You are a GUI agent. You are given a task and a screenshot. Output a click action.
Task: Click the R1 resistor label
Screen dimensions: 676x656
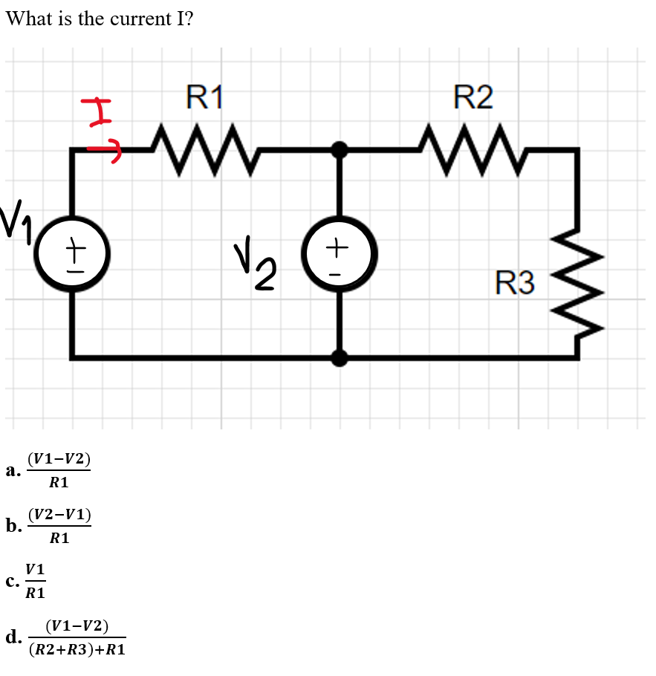click(204, 97)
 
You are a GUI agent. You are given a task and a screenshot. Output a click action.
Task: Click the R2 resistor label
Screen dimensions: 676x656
click(472, 97)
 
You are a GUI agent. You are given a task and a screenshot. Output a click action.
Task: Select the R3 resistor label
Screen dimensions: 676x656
click(515, 283)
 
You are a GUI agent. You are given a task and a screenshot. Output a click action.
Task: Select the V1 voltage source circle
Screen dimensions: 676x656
click(72, 254)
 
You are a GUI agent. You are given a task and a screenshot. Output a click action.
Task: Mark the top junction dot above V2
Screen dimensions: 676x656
click(340, 150)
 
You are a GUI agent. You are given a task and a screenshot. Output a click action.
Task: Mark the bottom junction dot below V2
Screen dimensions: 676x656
click(340, 358)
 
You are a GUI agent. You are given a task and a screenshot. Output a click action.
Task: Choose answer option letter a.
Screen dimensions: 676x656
click(11, 470)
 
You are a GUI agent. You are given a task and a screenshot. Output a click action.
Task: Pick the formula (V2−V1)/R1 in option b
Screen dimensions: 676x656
click(59, 526)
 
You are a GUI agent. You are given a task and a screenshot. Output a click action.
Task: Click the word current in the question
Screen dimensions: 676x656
click(140, 19)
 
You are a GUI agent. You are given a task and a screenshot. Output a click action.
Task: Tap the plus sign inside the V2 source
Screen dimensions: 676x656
click(339, 244)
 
